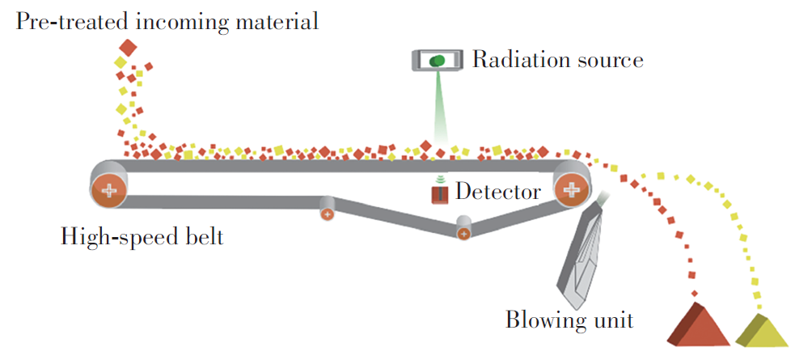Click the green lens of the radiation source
click(438, 60)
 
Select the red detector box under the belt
click(439, 194)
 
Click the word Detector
click(497, 193)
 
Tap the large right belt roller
click(573, 189)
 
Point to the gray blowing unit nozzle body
click(584, 251)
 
